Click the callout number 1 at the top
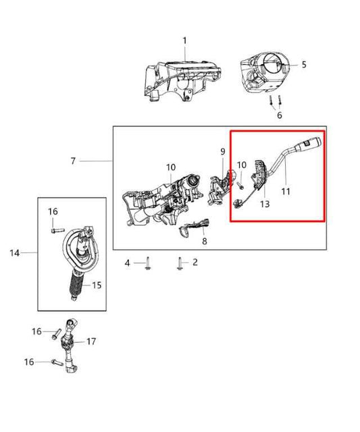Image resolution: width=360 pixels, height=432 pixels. pyautogui.click(x=184, y=41)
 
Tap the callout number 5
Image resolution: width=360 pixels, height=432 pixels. pyautogui.click(x=304, y=65)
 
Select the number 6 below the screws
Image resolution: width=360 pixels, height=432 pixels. pyautogui.click(x=280, y=115)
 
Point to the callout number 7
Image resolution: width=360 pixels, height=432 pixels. pyautogui.click(x=74, y=161)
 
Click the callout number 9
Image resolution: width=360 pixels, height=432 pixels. pyautogui.click(x=222, y=153)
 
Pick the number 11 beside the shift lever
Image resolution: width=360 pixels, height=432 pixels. pyautogui.click(x=286, y=192)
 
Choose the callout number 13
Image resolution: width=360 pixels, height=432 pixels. pyautogui.click(x=265, y=204)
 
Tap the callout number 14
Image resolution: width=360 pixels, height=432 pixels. pyautogui.click(x=14, y=253)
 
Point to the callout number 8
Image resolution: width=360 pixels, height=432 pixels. pyautogui.click(x=205, y=241)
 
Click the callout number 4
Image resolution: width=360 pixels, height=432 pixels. pyautogui.click(x=126, y=262)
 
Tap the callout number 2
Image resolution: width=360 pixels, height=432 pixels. pyautogui.click(x=195, y=262)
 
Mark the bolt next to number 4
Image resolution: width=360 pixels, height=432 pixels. pyautogui.click(x=146, y=263)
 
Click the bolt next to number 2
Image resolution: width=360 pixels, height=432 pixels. pyautogui.click(x=180, y=263)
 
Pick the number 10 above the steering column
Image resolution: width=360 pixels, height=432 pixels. pyautogui.click(x=171, y=167)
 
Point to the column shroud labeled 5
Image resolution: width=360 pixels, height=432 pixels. pyautogui.click(x=265, y=78)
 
